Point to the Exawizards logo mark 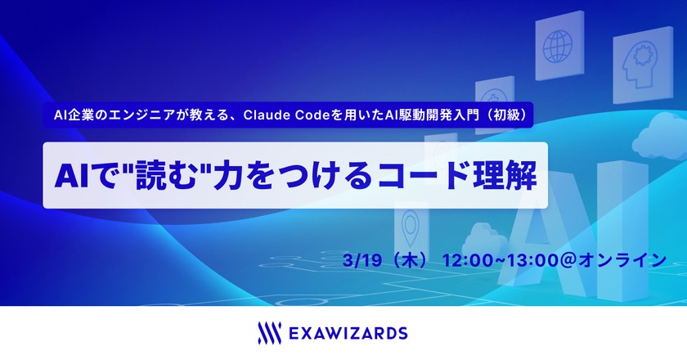coord(265,332)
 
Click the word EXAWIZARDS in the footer coord(348,333)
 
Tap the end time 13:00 coord(532,260)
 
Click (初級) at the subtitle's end coord(506,115)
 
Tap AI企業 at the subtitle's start coord(70,115)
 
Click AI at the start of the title coord(70,175)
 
